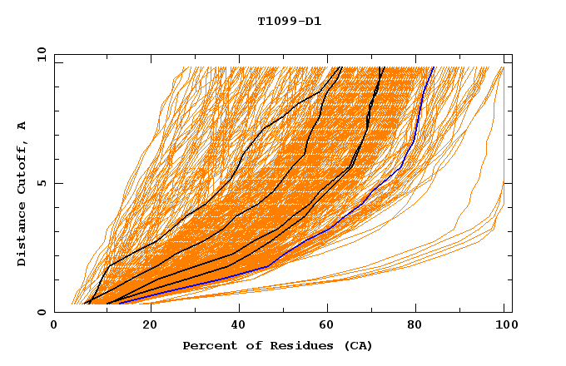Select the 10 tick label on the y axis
pos(38,54)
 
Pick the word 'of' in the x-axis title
pos(246,345)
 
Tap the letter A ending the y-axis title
pos(22,126)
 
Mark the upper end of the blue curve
pos(433,67)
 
